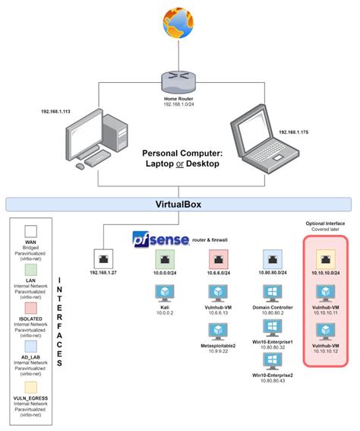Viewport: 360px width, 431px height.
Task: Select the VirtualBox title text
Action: [x=179, y=204]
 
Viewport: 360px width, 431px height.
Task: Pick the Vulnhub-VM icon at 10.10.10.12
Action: [x=326, y=331]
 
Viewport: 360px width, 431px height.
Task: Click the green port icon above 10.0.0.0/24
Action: [x=165, y=258]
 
